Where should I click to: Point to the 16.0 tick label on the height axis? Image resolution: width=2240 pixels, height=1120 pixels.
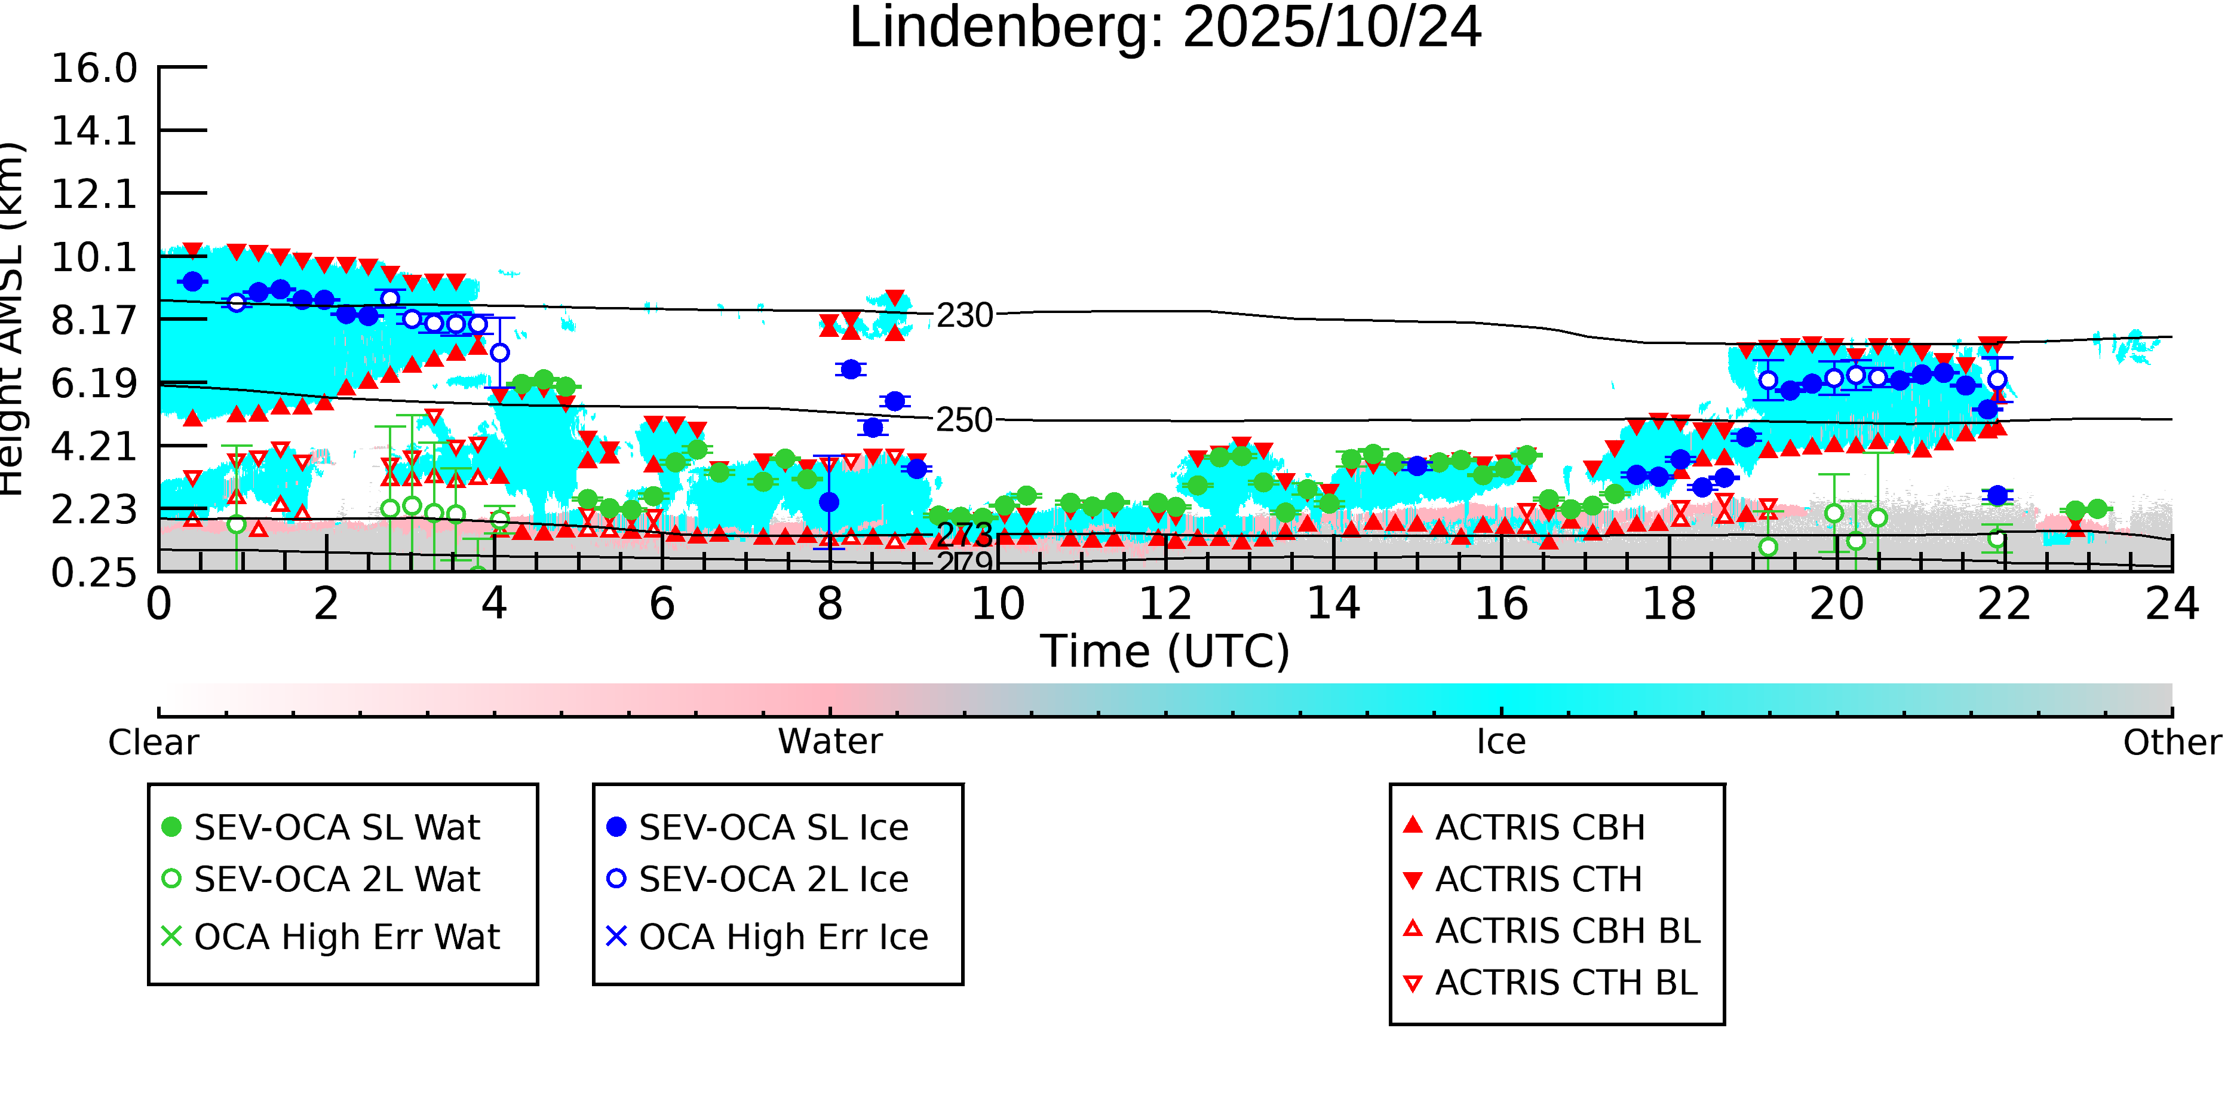(94, 69)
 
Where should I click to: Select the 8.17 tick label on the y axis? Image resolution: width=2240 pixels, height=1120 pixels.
(94, 321)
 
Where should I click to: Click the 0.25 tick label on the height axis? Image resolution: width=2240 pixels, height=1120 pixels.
(94, 573)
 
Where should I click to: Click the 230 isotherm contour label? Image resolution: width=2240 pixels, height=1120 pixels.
(964, 315)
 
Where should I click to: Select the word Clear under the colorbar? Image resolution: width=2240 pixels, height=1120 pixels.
(153, 742)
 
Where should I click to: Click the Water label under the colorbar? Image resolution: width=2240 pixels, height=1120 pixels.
(830, 742)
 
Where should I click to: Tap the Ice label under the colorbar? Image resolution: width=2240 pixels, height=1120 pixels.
(1501, 742)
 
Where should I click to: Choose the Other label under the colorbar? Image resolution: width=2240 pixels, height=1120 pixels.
(2171, 742)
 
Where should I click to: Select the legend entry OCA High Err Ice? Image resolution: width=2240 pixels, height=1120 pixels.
(783, 937)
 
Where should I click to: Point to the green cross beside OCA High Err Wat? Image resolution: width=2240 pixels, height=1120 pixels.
(172, 937)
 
